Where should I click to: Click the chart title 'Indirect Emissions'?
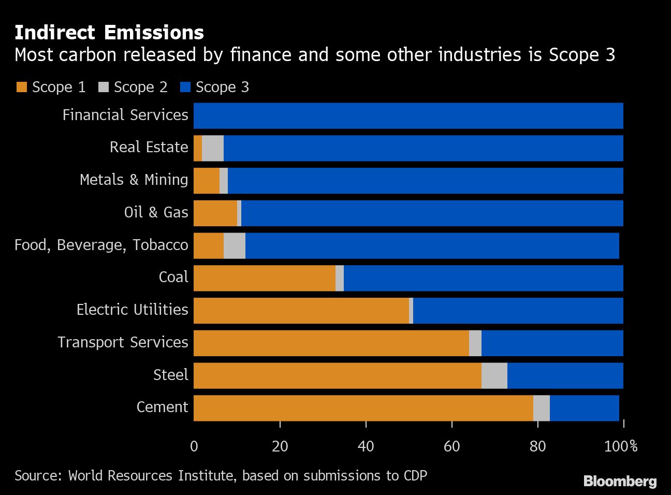pyautogui.click(x=109, y=33)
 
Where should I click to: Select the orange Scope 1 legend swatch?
pyautogui.click(x=21, y=88)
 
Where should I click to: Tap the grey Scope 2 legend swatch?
pyautogui.click(x=103, y=88)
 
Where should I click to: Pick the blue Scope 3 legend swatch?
pyautogui.click(x=185, y=88)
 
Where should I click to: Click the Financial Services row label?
pyautogui.click(x=125, y=115)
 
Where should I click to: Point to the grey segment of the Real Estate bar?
pyautogui.click(x=212, y=148)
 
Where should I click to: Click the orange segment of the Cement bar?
pyautogui.click(x=362, y=409)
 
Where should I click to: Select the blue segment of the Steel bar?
pyautogui.click(x=565, y=376)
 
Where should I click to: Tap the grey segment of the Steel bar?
pyautogui.click(x=494, y=376)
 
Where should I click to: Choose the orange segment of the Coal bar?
pyautogui.click(x=264, y=278)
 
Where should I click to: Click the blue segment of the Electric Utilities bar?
pyautogui.click(x=518, y=311)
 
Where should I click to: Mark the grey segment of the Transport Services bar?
pyautogui.click(x=475, y=343)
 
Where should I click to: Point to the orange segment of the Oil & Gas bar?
pyautogui.click(x=215, y=213)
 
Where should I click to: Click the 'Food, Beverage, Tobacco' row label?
pyautogui.click(x=101, y=245)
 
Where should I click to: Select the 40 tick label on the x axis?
pyautogui.click(x=366, y=446)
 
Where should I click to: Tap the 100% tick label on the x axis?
pyautogui.click(x=621, y=446)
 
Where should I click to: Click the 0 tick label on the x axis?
pyautogui.click(x=194, y=446)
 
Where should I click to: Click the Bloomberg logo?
pyautogui.click(x=620, y=481)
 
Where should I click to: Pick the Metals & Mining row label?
pyautogui.click(x=134, y=180)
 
